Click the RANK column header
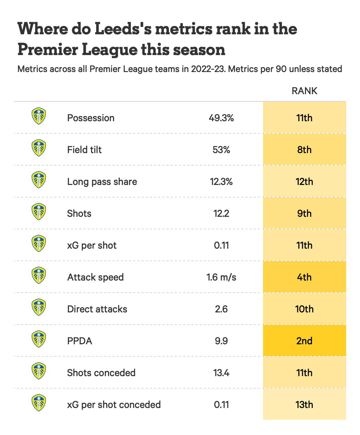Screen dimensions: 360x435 point(304,91)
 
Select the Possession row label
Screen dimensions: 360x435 point(91,118)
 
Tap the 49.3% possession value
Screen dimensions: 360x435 point(221,118)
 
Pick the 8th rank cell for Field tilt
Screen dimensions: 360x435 point(304,150)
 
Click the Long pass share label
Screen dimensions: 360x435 point(102,182)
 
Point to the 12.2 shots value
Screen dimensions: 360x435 point(221,214)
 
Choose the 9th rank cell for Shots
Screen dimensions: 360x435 point(304,214)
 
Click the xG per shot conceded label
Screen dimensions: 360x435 point(114,405)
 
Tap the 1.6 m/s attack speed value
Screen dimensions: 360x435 point(221,277)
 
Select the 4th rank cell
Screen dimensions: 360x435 point(304,277)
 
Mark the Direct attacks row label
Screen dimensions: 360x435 point(97,309)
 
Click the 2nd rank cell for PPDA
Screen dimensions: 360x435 point(304,341)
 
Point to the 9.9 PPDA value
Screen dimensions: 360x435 point(221,341)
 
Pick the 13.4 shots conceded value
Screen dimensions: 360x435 point(221,373)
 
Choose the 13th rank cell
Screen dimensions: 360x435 point(304,405)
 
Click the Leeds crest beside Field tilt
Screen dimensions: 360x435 point(39,148)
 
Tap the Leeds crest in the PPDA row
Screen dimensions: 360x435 point(39,339)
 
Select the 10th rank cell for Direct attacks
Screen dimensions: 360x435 point(304,309)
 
